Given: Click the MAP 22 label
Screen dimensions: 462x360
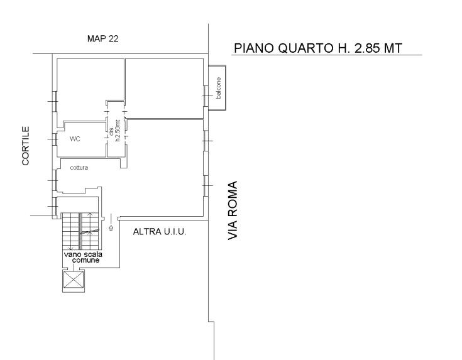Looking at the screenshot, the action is (103, 38).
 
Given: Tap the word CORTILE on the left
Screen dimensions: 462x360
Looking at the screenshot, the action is (26, 146).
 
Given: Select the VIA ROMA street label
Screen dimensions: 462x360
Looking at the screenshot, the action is (233, 210).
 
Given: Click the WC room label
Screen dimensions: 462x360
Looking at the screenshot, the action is (75, 139).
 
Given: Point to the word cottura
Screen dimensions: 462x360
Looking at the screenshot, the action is (79, 168).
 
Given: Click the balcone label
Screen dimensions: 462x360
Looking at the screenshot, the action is (218, 88).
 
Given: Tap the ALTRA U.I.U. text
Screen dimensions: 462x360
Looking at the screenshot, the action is (160, 232).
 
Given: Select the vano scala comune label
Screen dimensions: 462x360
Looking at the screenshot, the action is (84, 257).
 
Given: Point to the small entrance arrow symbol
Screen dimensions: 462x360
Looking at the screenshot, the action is (111, 227).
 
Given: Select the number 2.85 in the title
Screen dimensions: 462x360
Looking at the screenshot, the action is (366, 48).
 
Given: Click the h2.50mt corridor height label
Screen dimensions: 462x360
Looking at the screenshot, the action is (118, 131).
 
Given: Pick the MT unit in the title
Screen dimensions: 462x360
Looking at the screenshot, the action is (392, 48).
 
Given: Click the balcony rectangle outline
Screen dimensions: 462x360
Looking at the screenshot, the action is (226, 88).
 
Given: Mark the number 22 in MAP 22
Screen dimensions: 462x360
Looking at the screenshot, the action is (113, 38).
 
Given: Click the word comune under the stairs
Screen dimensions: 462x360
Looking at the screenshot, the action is (85, 261).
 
